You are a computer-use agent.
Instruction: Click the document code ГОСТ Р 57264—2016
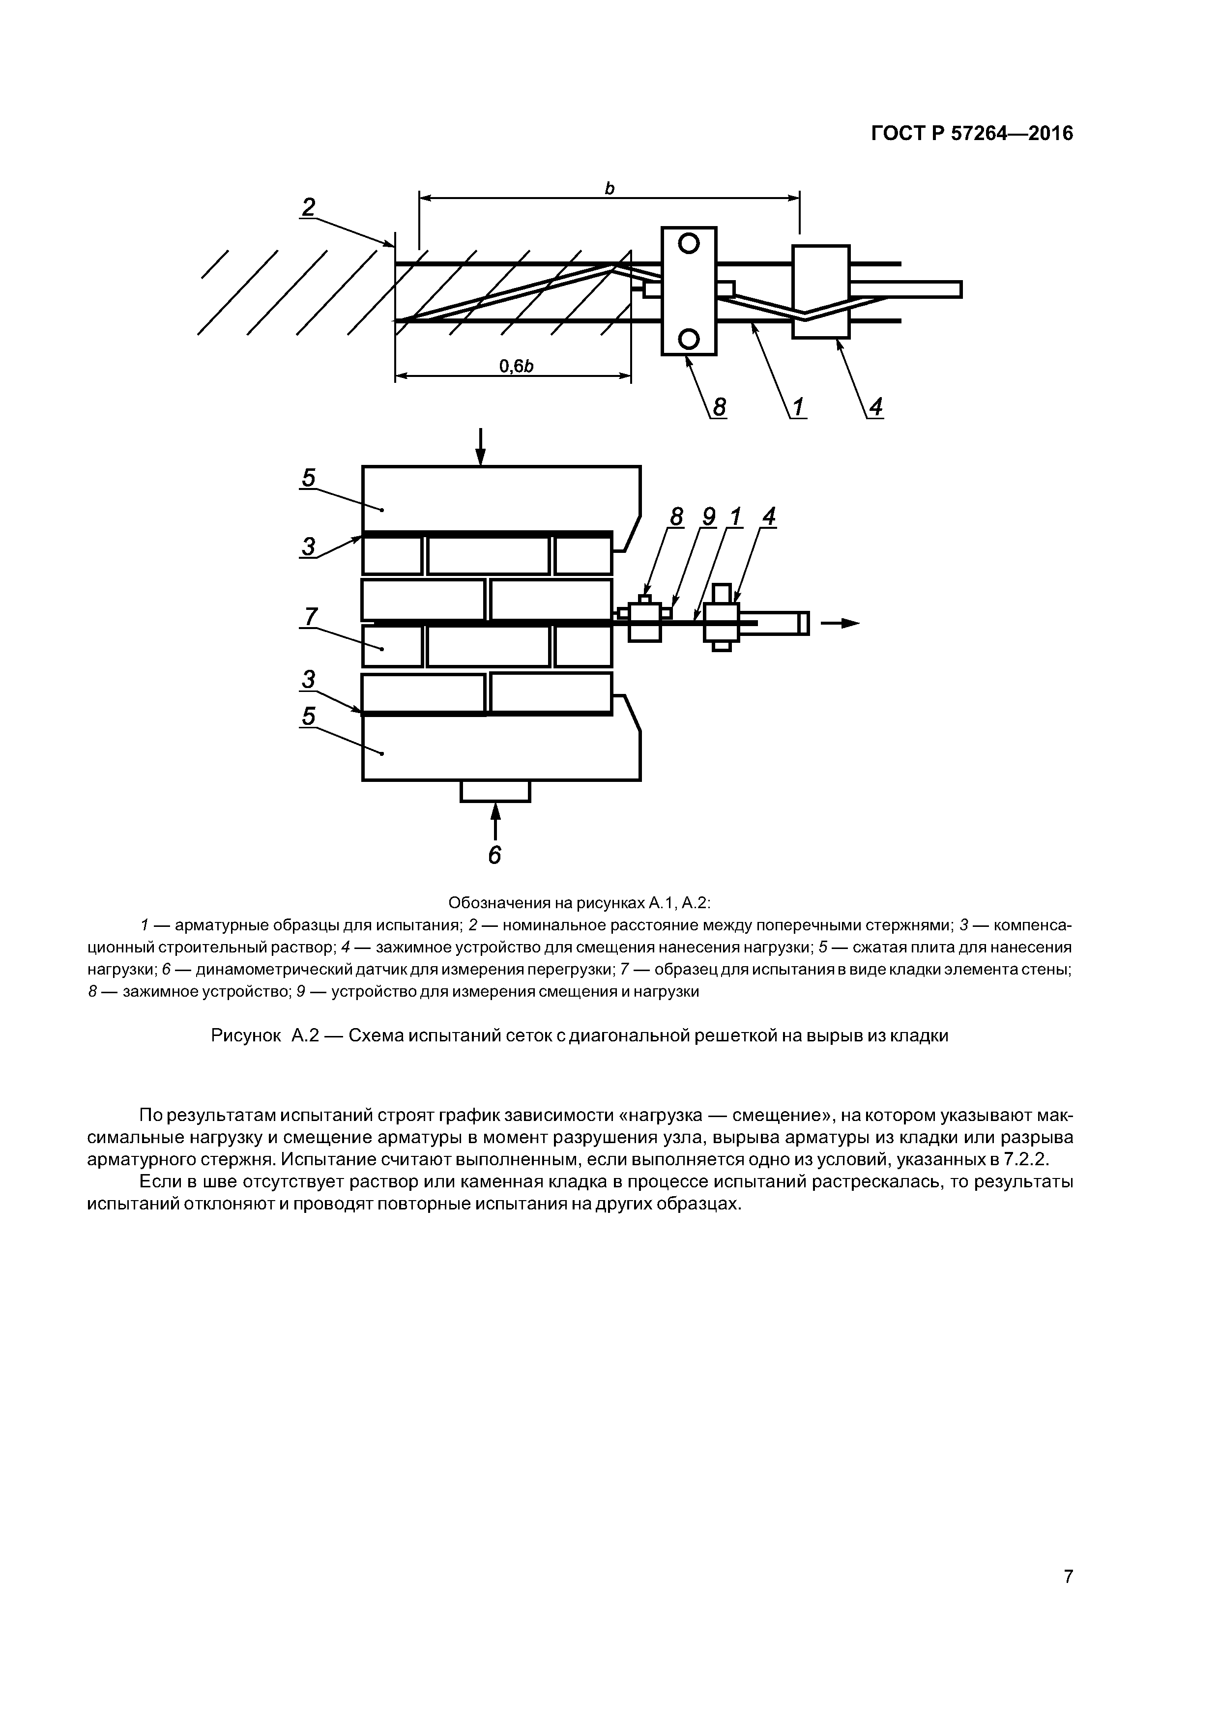(972, 134)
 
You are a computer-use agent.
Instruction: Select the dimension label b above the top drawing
(609, 188)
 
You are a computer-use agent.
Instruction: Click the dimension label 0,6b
(516, 366)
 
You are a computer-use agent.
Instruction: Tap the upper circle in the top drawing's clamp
(689, 243)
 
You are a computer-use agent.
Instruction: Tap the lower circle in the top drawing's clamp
(689, 339)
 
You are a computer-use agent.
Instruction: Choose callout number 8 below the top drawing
(720, 407)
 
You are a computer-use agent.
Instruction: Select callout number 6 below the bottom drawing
(494, 855)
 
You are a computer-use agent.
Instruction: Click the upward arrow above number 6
(495, 820)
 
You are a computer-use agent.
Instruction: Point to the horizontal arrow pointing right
(840, 623)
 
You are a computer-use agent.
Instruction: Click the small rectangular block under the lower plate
(495, 791)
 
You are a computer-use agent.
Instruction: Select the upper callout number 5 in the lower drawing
(309, 478)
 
